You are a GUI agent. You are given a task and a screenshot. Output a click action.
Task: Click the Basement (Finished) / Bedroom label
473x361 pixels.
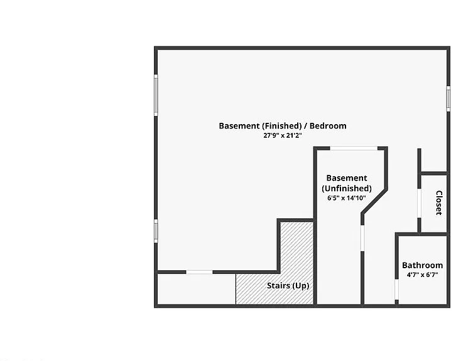[x=283, y=126]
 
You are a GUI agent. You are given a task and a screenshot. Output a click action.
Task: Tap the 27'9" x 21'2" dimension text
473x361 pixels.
[x=283, y=135]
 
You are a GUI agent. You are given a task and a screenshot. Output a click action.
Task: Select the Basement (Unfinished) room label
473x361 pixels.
[x=347, y=183]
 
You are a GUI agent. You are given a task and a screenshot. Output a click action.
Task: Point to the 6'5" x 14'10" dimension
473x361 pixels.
[x=347, y=198]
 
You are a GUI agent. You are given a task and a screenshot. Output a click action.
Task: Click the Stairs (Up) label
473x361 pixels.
[x=288, y=285]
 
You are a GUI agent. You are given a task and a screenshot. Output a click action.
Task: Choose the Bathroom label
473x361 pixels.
[x=422, y=265]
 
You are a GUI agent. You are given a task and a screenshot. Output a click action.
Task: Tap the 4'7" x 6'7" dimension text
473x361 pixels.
[x=422, y=275]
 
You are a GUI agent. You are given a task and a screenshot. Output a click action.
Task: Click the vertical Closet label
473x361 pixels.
[x=439, y=202]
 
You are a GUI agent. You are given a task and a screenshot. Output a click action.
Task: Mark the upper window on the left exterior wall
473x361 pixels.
[x=156, y=95]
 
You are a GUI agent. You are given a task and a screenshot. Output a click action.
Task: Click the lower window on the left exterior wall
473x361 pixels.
[x=156, y=231]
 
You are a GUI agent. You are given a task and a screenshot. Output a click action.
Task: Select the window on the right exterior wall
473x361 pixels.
[x=449, y=98]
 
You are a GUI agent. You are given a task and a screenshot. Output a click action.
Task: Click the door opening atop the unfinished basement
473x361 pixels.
[x=354, y=148]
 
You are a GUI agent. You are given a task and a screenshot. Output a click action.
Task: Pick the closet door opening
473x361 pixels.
[x=419, y=203]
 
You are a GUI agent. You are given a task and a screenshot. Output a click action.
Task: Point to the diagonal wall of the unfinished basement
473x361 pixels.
[x=374, y=201]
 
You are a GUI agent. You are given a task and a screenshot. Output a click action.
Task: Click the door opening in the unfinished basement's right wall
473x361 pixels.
[x=362, y=238]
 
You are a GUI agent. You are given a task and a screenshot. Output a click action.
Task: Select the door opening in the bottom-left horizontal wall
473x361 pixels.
[x=199, y=272]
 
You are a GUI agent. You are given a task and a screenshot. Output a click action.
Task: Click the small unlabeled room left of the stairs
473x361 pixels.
[x=197, y=289]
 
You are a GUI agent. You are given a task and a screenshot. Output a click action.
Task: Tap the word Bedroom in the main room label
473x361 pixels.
[x=328, y=126]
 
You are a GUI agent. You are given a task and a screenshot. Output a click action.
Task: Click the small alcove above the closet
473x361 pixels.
[x=433, y=160]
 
